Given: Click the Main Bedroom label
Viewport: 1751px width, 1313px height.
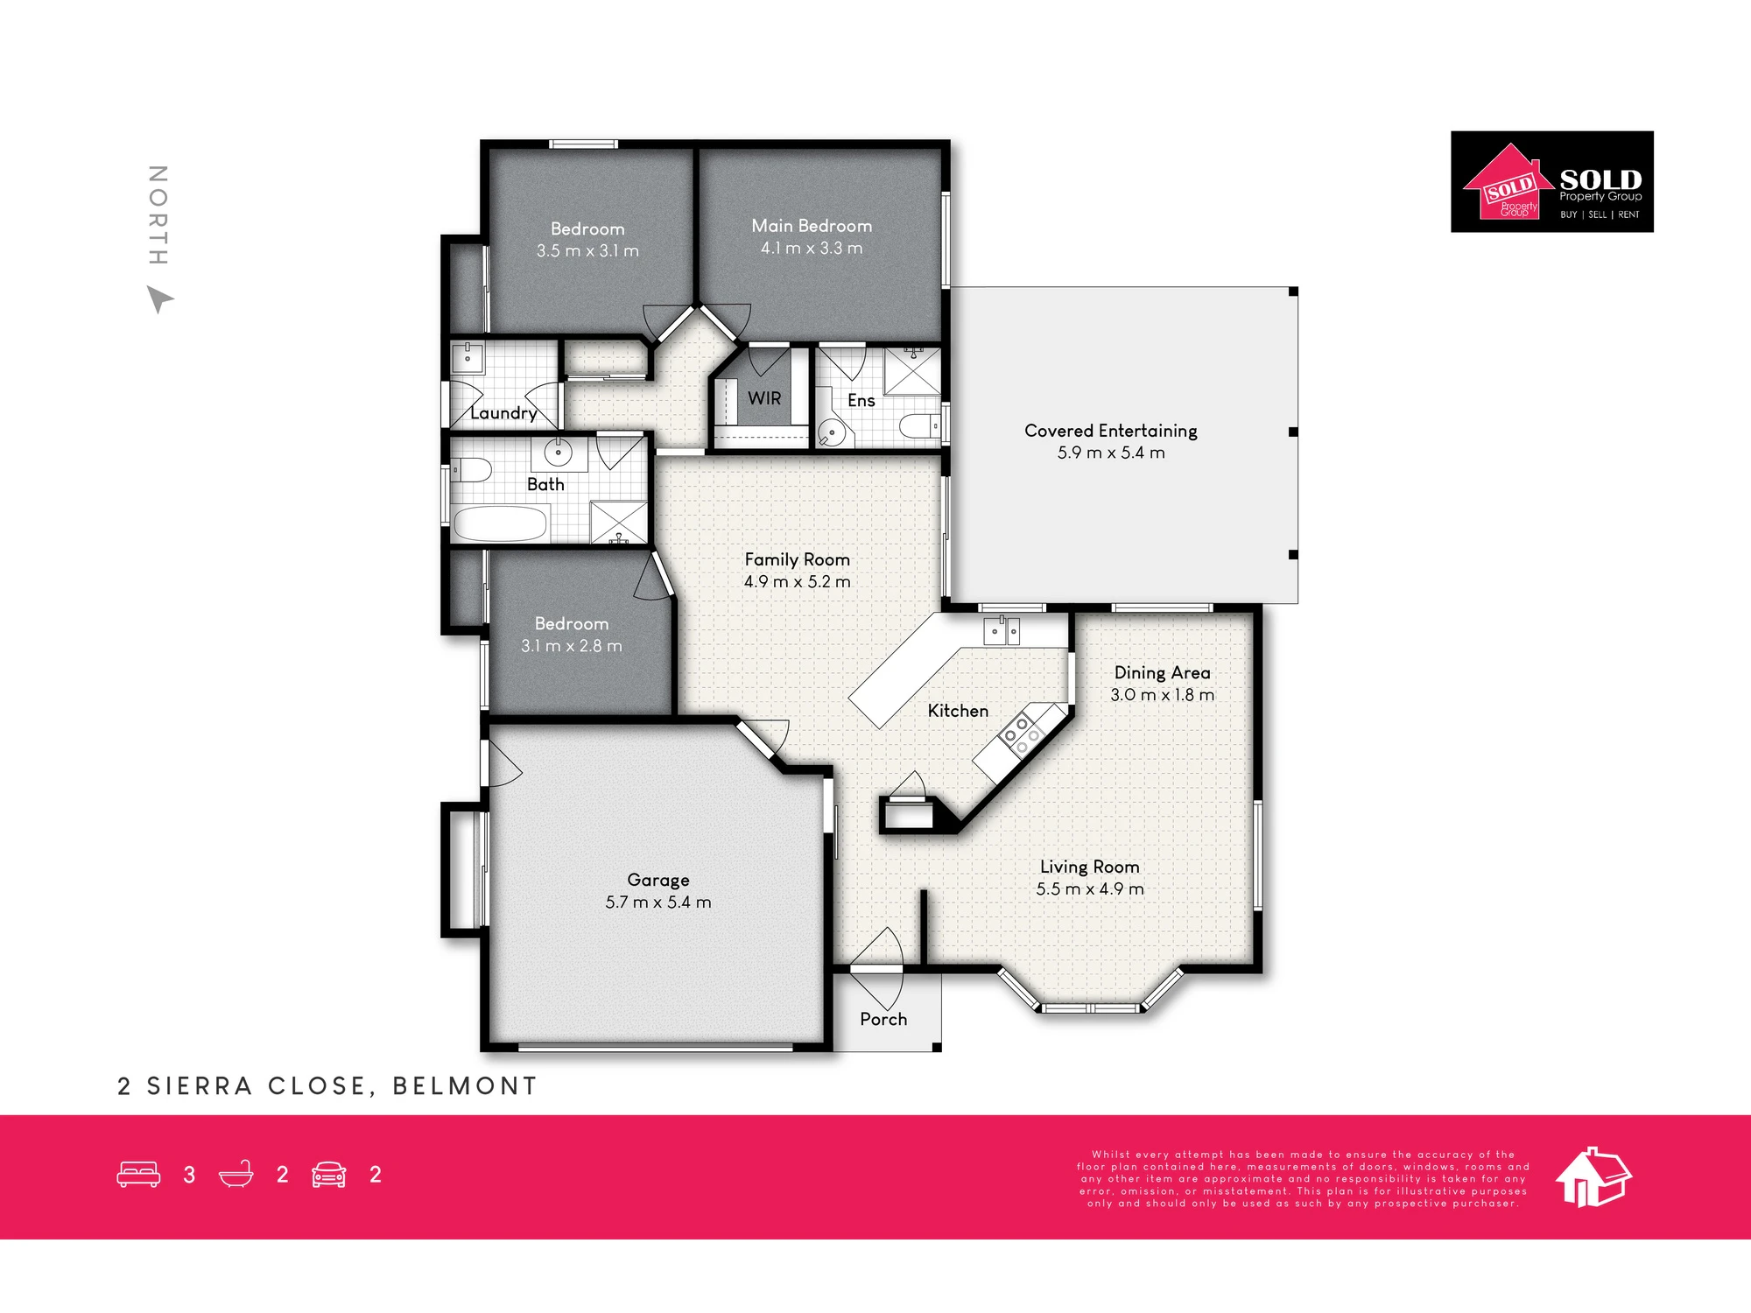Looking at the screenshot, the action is [812, 226].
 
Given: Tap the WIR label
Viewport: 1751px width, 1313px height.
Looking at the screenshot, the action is [764, 398].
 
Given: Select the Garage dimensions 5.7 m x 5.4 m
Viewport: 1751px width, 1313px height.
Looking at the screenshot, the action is [658, 902].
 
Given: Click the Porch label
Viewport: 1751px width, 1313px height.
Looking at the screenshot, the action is [883, 1019].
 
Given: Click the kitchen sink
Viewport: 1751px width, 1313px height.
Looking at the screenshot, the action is [1002, 630].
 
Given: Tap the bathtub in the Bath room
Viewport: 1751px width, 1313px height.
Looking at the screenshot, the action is [501, 523].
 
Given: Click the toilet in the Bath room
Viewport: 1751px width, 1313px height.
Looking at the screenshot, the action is [470, 470].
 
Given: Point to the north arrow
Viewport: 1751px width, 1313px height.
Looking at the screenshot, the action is [159, 299].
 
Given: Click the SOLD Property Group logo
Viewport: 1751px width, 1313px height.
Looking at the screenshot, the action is [1552, 182].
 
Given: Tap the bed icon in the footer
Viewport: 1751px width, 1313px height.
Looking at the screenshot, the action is [138, 1174].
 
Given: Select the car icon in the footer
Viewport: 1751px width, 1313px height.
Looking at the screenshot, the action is [329, 1174].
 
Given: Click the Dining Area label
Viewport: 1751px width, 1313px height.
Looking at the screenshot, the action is [1162, 672].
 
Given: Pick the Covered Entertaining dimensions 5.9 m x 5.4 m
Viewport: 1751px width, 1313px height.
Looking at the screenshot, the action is [1111, 453].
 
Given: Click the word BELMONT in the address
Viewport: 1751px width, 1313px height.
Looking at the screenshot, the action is [464, 1086].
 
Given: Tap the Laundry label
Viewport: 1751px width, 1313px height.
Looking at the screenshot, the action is [503, 413].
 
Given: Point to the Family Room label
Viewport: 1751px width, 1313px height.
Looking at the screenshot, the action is [797, 559].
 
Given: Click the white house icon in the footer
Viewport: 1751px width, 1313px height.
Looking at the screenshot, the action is [1593, 1176].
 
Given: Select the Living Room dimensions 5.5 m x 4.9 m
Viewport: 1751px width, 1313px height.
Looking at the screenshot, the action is [1090, 888].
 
